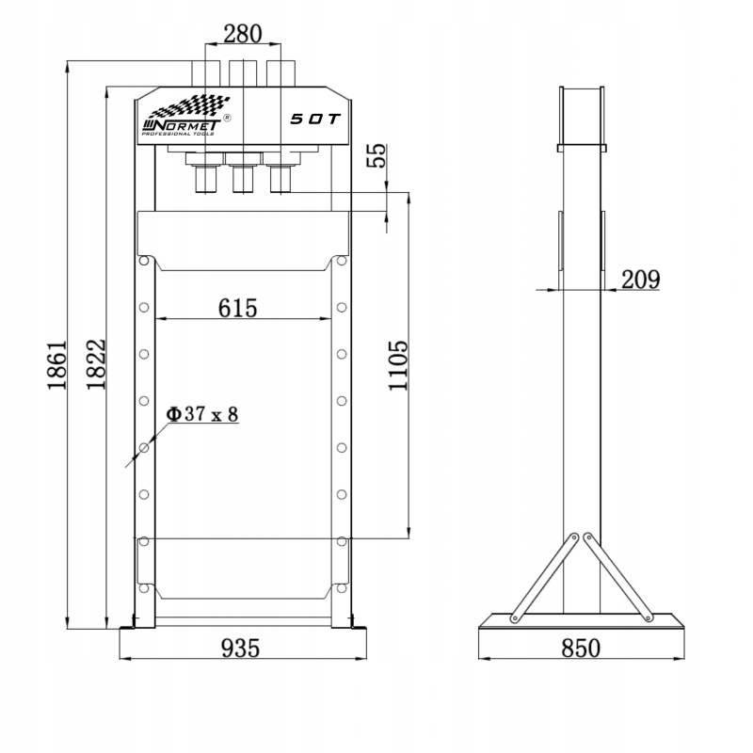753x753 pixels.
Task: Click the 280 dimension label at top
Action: (243, 34)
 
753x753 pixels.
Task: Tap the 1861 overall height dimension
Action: (56, 365)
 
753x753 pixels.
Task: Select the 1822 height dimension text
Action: (96, 364)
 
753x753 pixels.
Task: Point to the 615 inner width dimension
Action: (238, 308)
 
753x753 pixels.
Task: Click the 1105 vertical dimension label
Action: (398, 366)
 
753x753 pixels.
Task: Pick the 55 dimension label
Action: (376, 155)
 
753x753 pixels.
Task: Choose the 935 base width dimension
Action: (240, 648)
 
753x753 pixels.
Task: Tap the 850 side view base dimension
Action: (581, 648)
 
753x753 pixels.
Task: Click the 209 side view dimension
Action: (641, 280)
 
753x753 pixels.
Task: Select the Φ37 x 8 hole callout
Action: (201, 414)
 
